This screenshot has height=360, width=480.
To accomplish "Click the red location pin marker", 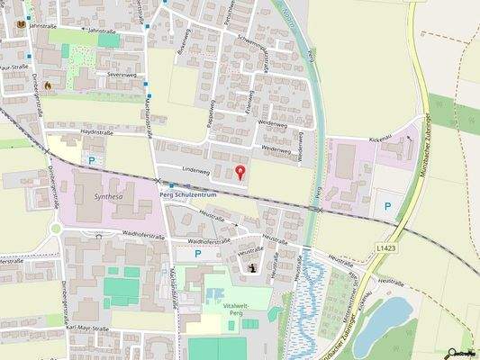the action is click(240, 172).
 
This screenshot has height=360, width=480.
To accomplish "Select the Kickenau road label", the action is click(380, 139).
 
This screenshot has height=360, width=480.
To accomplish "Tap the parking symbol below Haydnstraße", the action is click(92, 159).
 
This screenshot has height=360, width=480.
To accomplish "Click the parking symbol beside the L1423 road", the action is click(388, 206).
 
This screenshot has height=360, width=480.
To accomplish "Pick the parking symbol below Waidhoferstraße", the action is click(198, 255).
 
